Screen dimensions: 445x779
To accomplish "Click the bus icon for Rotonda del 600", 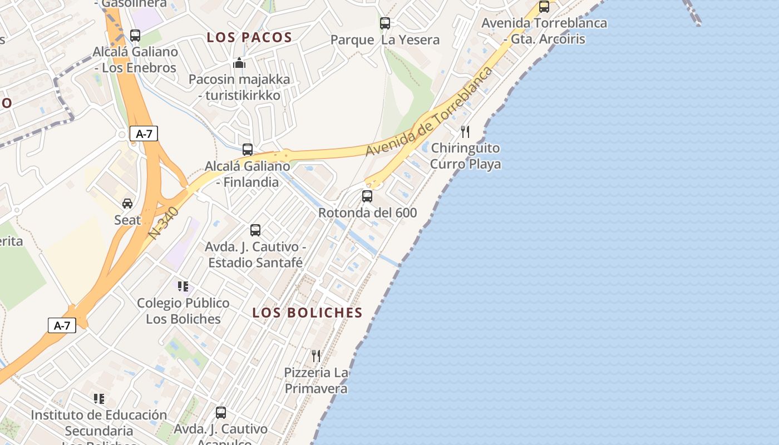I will tap(367, 196).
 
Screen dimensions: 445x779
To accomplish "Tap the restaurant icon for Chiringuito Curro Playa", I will tap(465, 132).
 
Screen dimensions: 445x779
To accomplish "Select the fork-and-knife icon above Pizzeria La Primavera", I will tap(316, 355).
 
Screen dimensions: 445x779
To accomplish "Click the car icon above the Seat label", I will tap(127, 204).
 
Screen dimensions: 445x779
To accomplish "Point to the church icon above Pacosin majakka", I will tap(239, 63).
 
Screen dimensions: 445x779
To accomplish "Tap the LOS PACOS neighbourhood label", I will tap(249, 38).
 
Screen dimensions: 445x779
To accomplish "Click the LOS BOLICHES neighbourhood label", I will tap(307, 313).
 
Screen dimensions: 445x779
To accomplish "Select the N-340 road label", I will tap(164, 224).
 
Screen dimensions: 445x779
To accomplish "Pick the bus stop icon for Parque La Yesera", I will tap(384, 23).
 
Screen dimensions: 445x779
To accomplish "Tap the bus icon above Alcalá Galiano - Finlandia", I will tap(248, 150).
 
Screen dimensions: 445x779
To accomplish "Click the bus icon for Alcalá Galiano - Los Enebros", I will tap(135, 36).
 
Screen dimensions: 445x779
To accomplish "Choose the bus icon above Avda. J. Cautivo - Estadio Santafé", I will tap(255, 230).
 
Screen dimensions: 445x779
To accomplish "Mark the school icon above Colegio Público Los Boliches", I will tap(183, 286).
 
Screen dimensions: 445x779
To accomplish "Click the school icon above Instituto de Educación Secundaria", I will tap(99, 399).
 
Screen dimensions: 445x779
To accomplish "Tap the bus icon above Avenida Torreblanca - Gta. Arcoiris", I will tap(544, 7).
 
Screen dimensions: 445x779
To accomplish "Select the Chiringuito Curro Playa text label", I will tap(465, 156).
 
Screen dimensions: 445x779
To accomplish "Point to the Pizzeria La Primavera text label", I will tap(316, 380).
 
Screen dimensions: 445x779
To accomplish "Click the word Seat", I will tap(127, 220).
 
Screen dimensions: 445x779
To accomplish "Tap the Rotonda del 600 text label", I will tap(367, 212).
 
